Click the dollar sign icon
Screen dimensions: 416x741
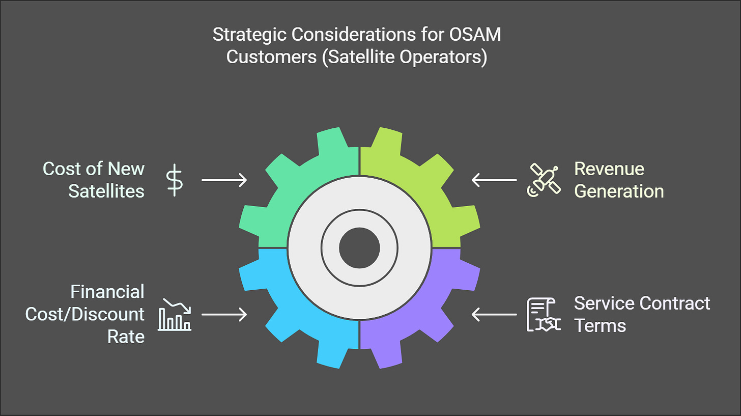(x=175, y=180)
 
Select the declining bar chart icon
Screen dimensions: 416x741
(x=175, y=314)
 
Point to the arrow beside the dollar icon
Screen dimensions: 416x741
(x=224, y=180)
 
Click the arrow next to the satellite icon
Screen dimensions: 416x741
(x=494, y=180)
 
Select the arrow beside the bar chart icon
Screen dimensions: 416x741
(x=224, y=315)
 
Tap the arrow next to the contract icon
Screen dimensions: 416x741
(x=494, y=315)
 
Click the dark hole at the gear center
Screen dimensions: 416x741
(x=359, y=248)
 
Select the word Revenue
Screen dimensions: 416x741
(x=609, y=169)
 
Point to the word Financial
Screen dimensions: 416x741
(x=107, y=292)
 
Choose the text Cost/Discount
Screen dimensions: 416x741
(x=85, y=314)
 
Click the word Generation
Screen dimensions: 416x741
(x=619, y=191)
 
